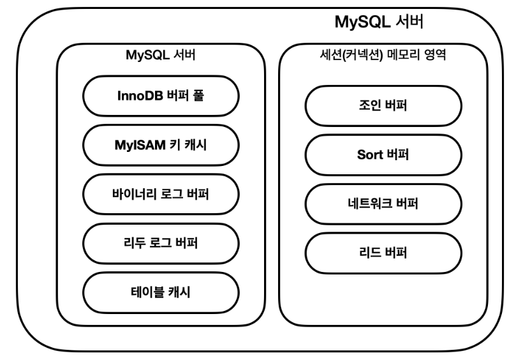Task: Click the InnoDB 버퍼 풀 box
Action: point(161,98)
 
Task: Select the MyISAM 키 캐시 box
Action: point(161,145)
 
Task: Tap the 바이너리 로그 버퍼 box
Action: point(161,192)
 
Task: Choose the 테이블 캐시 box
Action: point(161,290)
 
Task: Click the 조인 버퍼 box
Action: point(383,107)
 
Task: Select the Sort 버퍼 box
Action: point(383,155)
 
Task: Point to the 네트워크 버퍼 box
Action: point(383,204)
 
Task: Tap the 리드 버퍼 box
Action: point(383,252)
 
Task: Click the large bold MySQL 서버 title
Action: point(380,23)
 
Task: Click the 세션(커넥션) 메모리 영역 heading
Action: point(383,56)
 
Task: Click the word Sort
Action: point(371,155)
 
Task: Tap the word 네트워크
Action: point(372,204)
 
